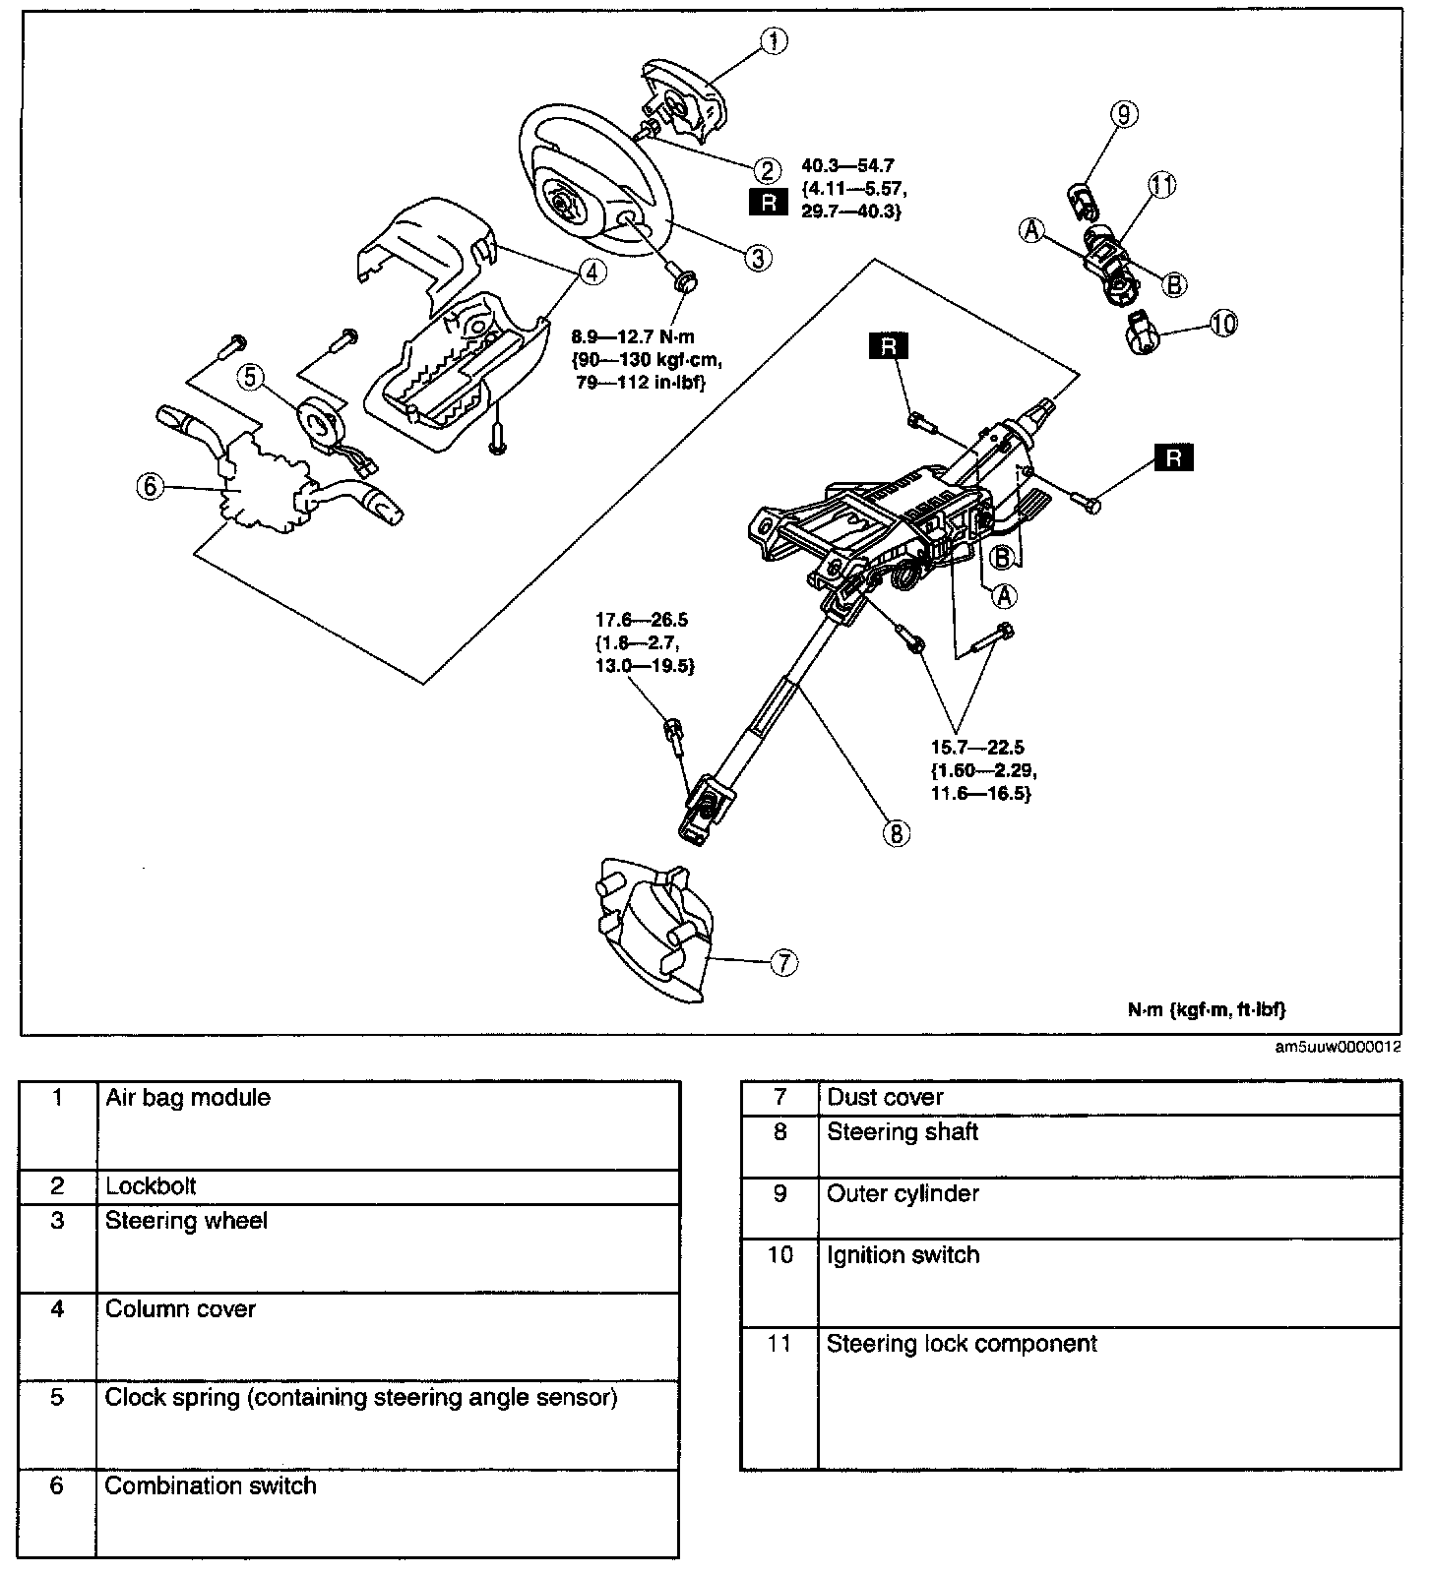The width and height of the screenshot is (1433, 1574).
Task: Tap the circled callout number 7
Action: tap(782, 962)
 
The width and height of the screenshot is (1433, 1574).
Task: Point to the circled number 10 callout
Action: tap(1223, 323)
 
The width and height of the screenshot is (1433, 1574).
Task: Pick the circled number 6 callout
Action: tap(149, 487)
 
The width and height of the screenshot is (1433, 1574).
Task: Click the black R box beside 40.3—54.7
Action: tap(769, 202)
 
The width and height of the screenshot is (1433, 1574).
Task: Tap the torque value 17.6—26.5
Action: tap(641, 620)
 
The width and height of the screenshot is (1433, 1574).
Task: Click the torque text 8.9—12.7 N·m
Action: tap(633, 336)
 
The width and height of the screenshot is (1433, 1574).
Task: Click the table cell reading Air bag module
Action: tap(188, 1097)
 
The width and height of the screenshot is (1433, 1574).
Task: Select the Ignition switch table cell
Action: tap(903, 1255)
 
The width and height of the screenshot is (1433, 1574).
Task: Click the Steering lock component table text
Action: tap(961, 1344)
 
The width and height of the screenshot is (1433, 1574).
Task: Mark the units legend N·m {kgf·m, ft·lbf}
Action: tap(1207, 1008)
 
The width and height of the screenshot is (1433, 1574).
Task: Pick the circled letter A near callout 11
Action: tap(1031, 229)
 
